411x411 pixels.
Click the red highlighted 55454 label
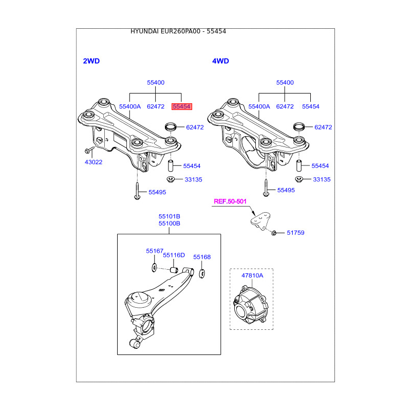click(x=182, y=106)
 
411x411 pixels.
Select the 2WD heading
click(x=91, y=61)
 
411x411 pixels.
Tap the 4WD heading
click(x=220, y=61)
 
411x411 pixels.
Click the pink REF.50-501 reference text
click(x=231, y=202)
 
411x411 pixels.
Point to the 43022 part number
click(x=94, y=162)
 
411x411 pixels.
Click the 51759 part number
click(x=295, y=233)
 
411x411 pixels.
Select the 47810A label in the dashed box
click(x=252, y=275)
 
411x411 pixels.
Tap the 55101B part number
click(x=169, y=216)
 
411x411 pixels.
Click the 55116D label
click(x=174, y=255)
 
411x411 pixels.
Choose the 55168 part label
click(x=202, y=257)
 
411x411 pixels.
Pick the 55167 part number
click(x=154, y=251)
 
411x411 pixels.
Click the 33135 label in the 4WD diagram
click(x=322, y=179)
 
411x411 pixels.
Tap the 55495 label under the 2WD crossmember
click(x=157, y=192)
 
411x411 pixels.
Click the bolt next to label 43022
click(x=88, y=151)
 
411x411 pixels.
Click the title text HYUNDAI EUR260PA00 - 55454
click(x=178, y=31)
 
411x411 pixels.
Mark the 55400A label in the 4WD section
click(x=259, y=106)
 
